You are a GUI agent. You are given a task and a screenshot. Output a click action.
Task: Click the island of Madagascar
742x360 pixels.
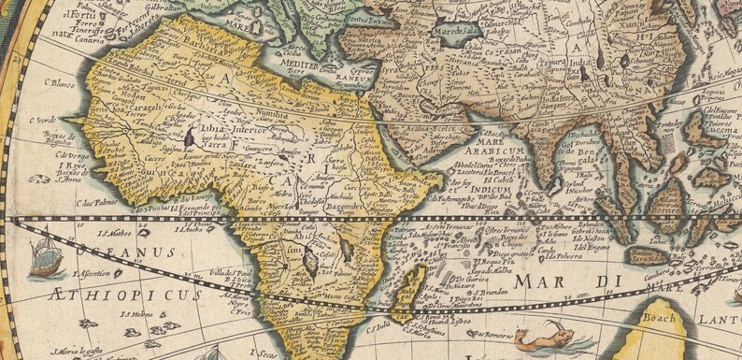412,289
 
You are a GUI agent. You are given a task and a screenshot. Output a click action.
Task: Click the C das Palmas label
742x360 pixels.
99,202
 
